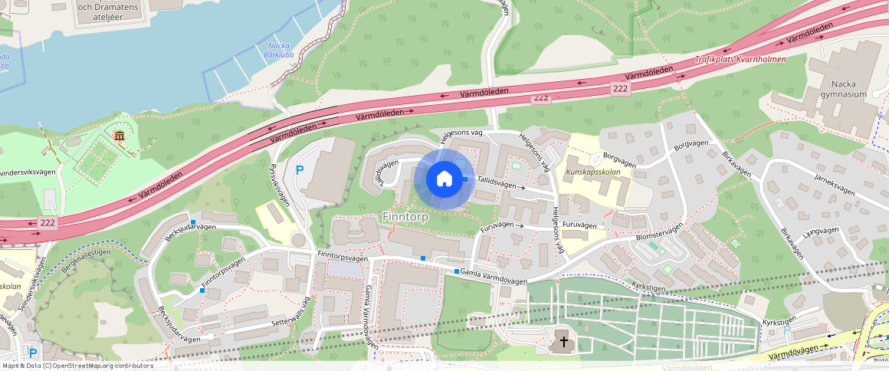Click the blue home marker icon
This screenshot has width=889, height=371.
[444, 179]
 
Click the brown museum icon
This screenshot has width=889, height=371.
[119, 136]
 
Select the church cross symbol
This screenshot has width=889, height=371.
[564, 341]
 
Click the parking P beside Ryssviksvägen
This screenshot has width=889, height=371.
[300, 169]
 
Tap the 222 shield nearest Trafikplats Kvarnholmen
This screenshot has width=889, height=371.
[621, 90]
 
